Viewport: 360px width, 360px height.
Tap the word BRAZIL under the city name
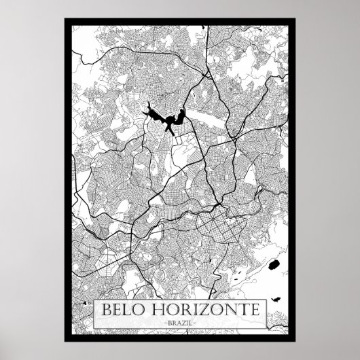179,324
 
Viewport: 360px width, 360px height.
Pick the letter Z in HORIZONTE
203,310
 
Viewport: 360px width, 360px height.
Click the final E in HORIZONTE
252,310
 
